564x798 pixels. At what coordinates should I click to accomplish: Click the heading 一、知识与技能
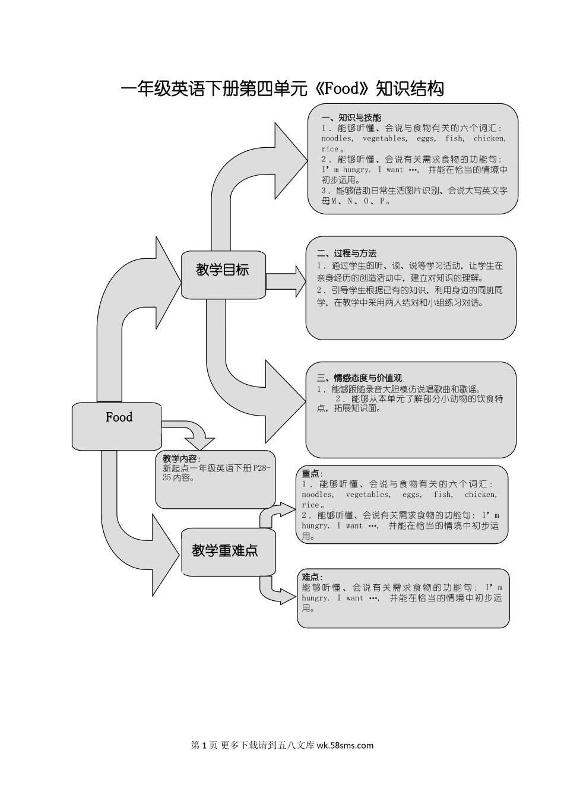tap(351, 118)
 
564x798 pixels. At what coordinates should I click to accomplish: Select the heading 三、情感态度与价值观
tap(359, 378)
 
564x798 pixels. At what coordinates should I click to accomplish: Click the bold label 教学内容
tap(181, 459)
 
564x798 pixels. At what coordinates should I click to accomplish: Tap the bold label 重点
tap(311, 474)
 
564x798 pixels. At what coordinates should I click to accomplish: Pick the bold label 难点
tap(312, 577)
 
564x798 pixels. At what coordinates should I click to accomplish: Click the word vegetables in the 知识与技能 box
tap(385, 139)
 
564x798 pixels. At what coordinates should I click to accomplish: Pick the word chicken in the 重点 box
tap(481, 495)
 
